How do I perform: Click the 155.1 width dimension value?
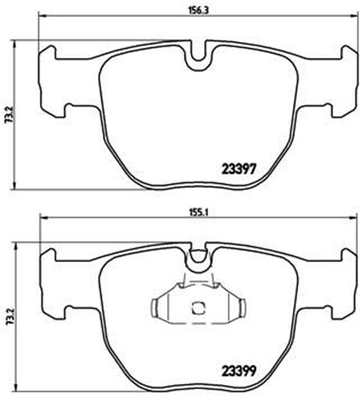pyautogui.click(x=198, y=210)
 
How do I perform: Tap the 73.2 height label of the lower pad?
pyautogui.click(x=7, y=317)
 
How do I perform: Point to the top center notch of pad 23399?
pyautogui.click(x=198, y=256)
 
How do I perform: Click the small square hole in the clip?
pyautogui.click(x=199, y=307)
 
